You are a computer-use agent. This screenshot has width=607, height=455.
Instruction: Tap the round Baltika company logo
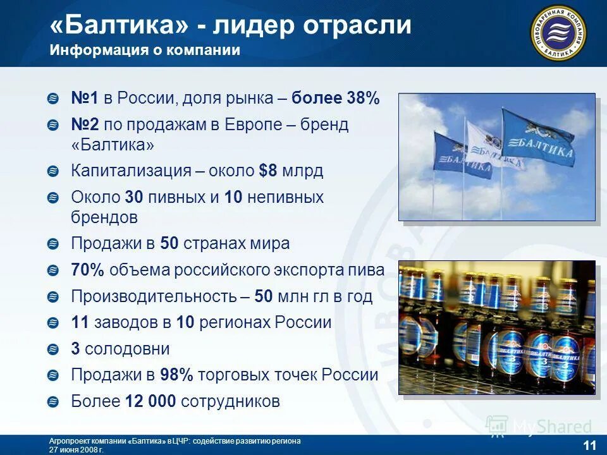point(558,32)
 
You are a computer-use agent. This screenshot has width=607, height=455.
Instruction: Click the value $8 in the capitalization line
point(269,171)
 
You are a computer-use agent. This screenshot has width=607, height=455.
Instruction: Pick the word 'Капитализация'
point(131,171)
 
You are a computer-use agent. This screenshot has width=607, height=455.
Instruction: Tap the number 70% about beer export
point(87,270)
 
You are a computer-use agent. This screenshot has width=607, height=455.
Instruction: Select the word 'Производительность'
point(161,296)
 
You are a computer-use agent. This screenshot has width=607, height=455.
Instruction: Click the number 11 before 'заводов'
point(80,322)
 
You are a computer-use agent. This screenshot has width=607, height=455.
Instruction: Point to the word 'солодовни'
point(127,349)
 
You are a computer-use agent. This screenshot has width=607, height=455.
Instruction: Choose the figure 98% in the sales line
point(176,375)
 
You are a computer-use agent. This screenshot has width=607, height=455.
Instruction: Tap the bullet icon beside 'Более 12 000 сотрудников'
point(54,401)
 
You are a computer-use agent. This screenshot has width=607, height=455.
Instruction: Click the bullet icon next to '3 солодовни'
point(54,349)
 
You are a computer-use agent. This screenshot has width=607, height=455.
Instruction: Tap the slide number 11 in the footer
point(589,445)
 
